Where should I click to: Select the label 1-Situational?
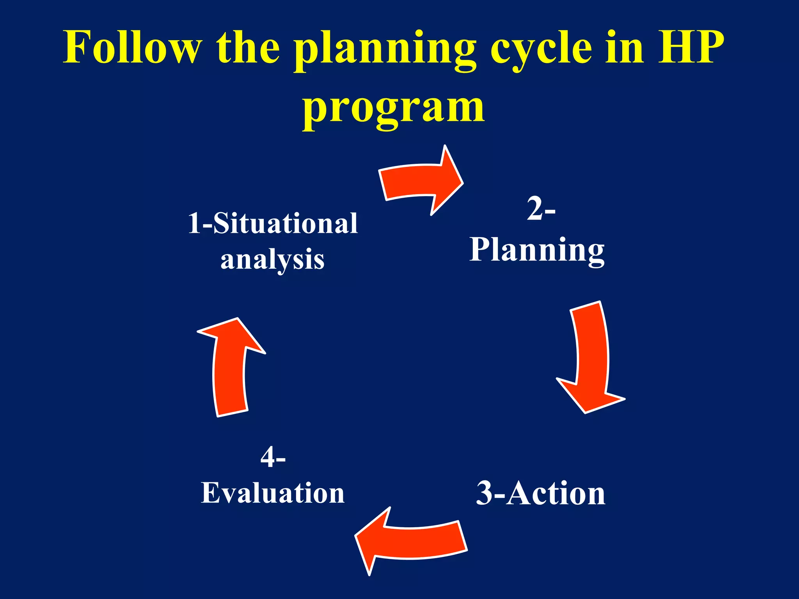[x=273, y=223]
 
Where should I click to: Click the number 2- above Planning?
[x=541, y=209]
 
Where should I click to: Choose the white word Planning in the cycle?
[x=537, y=250]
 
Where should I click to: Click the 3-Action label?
[x=541, y=493]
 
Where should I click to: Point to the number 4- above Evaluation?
[x=273, y=457]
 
